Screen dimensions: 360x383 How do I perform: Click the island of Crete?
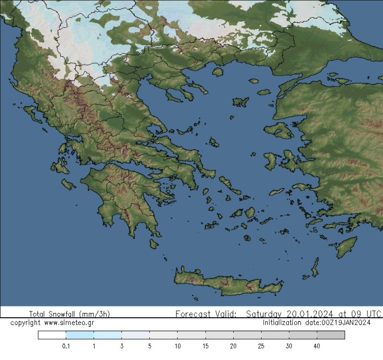[x=226, y=283]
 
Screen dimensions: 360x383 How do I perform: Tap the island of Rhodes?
[x=346, y=247]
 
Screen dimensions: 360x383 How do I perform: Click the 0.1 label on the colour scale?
[x=66, y=346]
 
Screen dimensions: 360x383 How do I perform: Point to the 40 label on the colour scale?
[x=316, y=346]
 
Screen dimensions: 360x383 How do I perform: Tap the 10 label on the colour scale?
[x=178, y=346]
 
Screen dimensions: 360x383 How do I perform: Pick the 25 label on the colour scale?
[x=261, y=346]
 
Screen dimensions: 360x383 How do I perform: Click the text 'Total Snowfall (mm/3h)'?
[x=69, y=314]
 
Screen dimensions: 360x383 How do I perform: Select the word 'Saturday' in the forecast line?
[x=264, y=314]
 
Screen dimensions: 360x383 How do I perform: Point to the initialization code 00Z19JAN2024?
[x=346, y=323]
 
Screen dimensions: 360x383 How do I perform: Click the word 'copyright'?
[x=25, y=323]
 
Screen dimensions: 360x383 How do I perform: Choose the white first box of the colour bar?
[x=52, y=335]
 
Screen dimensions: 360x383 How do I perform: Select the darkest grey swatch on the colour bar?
[x=331, y=335]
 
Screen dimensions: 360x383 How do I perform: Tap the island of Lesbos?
[x=279, y=130]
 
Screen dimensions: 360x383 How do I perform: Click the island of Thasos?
[x=218, y=72]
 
